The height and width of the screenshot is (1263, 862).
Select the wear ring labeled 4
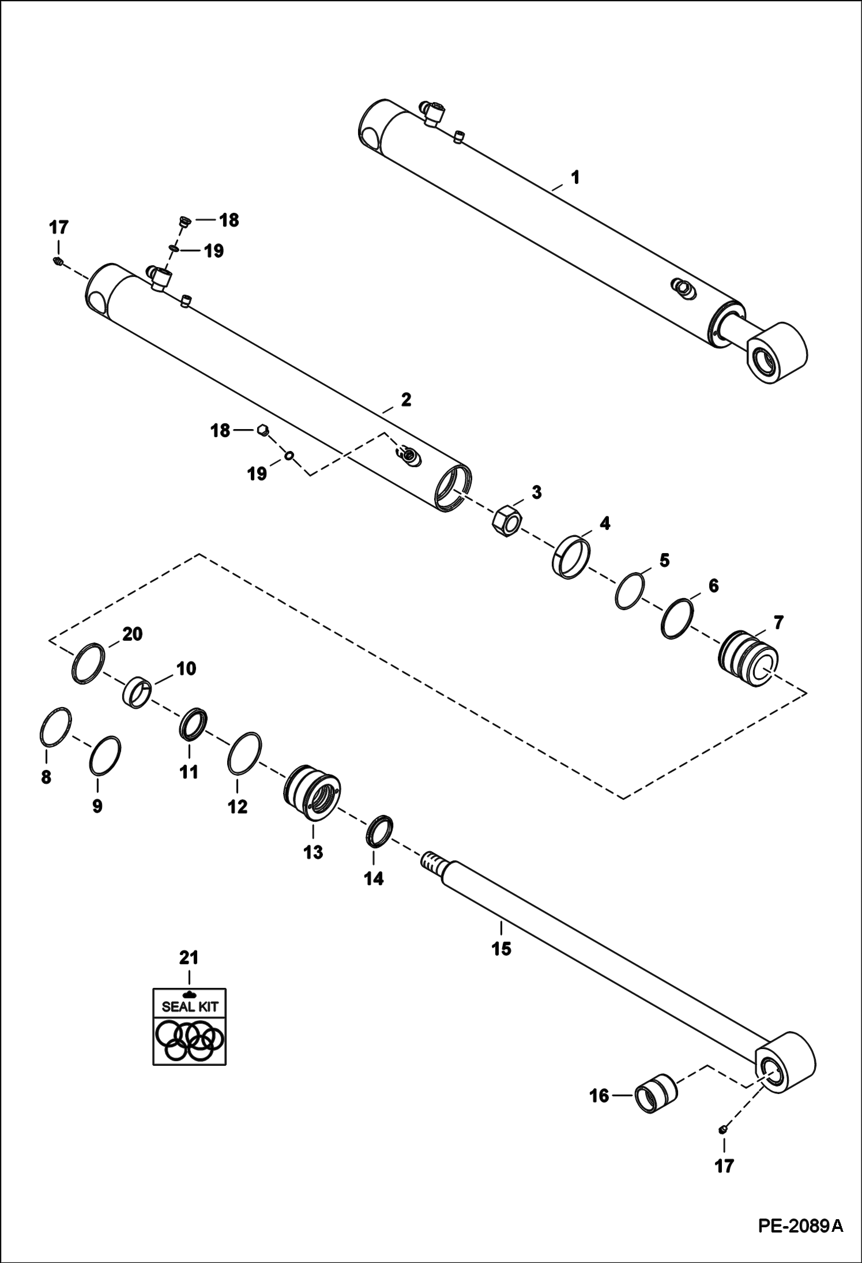click(570, 557)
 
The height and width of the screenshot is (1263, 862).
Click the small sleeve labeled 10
click(137, 692)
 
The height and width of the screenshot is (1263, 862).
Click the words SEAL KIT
click(190, 1007)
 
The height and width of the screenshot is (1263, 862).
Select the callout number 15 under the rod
click(501, 948)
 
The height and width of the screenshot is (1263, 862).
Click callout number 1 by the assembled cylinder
click(574, 177)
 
